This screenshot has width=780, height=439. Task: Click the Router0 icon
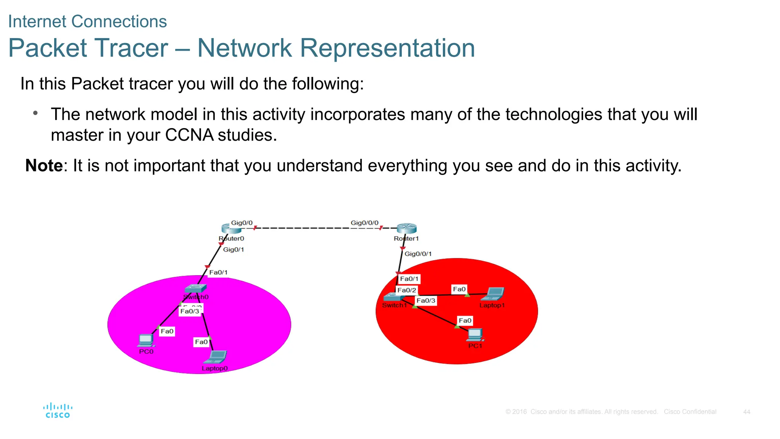click(x=231, y=229)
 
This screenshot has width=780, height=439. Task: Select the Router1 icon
click(x=406, y=229)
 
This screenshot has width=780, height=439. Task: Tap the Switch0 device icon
click(x=195, y=289)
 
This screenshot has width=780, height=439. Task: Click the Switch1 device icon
click(x=394, y=297)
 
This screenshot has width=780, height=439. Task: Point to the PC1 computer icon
click(x=475, y=335)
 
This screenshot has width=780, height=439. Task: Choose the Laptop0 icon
click(x=216, y=357)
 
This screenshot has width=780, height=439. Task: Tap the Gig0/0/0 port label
click(x=364, y=223)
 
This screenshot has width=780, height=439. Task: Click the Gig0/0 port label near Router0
click(x=242, y=223)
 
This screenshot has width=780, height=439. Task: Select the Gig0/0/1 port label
click(x=418, y=254)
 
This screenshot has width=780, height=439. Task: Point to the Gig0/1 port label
click(x=233, y=250)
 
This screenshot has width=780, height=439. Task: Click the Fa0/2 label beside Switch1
click(x=406, y=290)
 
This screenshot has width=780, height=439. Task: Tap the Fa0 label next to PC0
click(x=167, y=331)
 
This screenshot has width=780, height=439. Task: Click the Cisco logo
click(x=58, y=411)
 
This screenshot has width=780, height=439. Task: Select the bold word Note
click(x=44, y=166)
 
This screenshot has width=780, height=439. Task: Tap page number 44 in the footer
click(x=746, y=412)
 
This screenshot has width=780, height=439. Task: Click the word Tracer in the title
click(x=131, y=48)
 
